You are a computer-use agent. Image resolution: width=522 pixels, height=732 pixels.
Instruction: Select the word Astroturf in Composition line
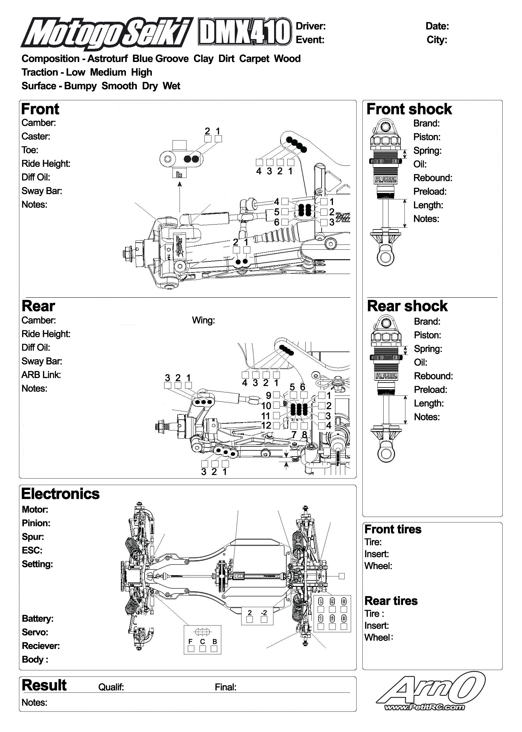(x=107, y=59)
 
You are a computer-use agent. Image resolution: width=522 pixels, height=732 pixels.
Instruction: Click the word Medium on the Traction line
(x=108, y=73)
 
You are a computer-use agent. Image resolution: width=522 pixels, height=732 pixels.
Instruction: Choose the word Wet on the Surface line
(x=171, y=86)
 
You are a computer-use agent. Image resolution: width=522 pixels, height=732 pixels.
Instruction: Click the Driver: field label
(x=311, y=26)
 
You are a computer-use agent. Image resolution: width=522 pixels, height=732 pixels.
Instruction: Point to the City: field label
(x=437, y=40)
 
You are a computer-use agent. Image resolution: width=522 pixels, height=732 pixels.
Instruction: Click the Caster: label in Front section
(x=36, y=137)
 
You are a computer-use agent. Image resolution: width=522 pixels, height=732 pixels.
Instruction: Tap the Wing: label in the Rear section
(x=203, y=320)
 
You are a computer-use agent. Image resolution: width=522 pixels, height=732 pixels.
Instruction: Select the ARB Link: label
(x=41, y=375)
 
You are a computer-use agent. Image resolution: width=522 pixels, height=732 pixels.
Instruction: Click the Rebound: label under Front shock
(x=433, y=178)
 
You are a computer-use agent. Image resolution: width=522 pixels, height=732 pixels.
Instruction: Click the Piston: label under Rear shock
(x=427, y=335)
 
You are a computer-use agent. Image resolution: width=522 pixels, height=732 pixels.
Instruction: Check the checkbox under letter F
(x=191, y=649)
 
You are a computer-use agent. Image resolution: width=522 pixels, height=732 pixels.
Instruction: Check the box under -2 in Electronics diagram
(x=264, y=619)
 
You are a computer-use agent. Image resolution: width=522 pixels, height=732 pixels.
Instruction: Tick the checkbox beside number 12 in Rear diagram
(x=276, y=426)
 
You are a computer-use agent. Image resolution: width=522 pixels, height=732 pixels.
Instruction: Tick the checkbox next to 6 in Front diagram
(x=285, y=222)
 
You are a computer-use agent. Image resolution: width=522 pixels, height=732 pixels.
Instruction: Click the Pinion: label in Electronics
(x=36, y=523)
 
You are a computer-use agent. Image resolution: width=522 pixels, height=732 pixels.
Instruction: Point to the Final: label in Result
(x=226, y=687)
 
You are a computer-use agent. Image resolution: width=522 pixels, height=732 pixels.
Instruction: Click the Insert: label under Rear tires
(x=377, y=626)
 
